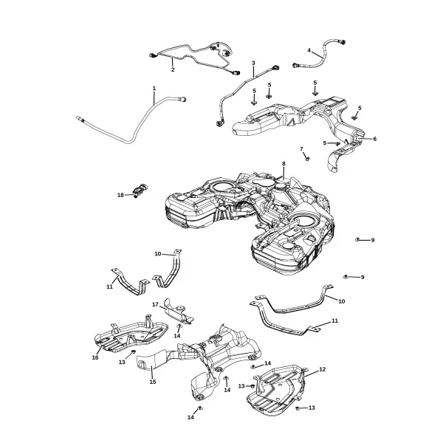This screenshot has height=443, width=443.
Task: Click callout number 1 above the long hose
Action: pyautogui.click(x=154, y=89)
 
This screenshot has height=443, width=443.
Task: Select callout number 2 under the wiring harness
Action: pyautogui.click(x=173, y=69)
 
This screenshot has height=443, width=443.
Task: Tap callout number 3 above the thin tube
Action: pyautogui.click(x=253, y=63)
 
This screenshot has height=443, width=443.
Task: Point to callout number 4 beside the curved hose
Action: pyautogui.click(x=309, y=50)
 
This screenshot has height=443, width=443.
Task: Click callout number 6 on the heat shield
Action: pyautogui.click(x=374, y=139)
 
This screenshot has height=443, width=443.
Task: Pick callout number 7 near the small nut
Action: pyautogui.click(x=301, y=149)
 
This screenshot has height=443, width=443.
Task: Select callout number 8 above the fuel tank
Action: pyautogui.click(x=284, y=164)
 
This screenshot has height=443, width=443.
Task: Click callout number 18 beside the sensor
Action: pyautogui.click(x=120, y=195)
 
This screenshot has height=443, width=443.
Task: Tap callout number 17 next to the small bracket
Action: pyautogui.click(x=155, y=304)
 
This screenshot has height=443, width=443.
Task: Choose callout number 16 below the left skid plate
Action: pyautogui.click(x=95, y=357)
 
